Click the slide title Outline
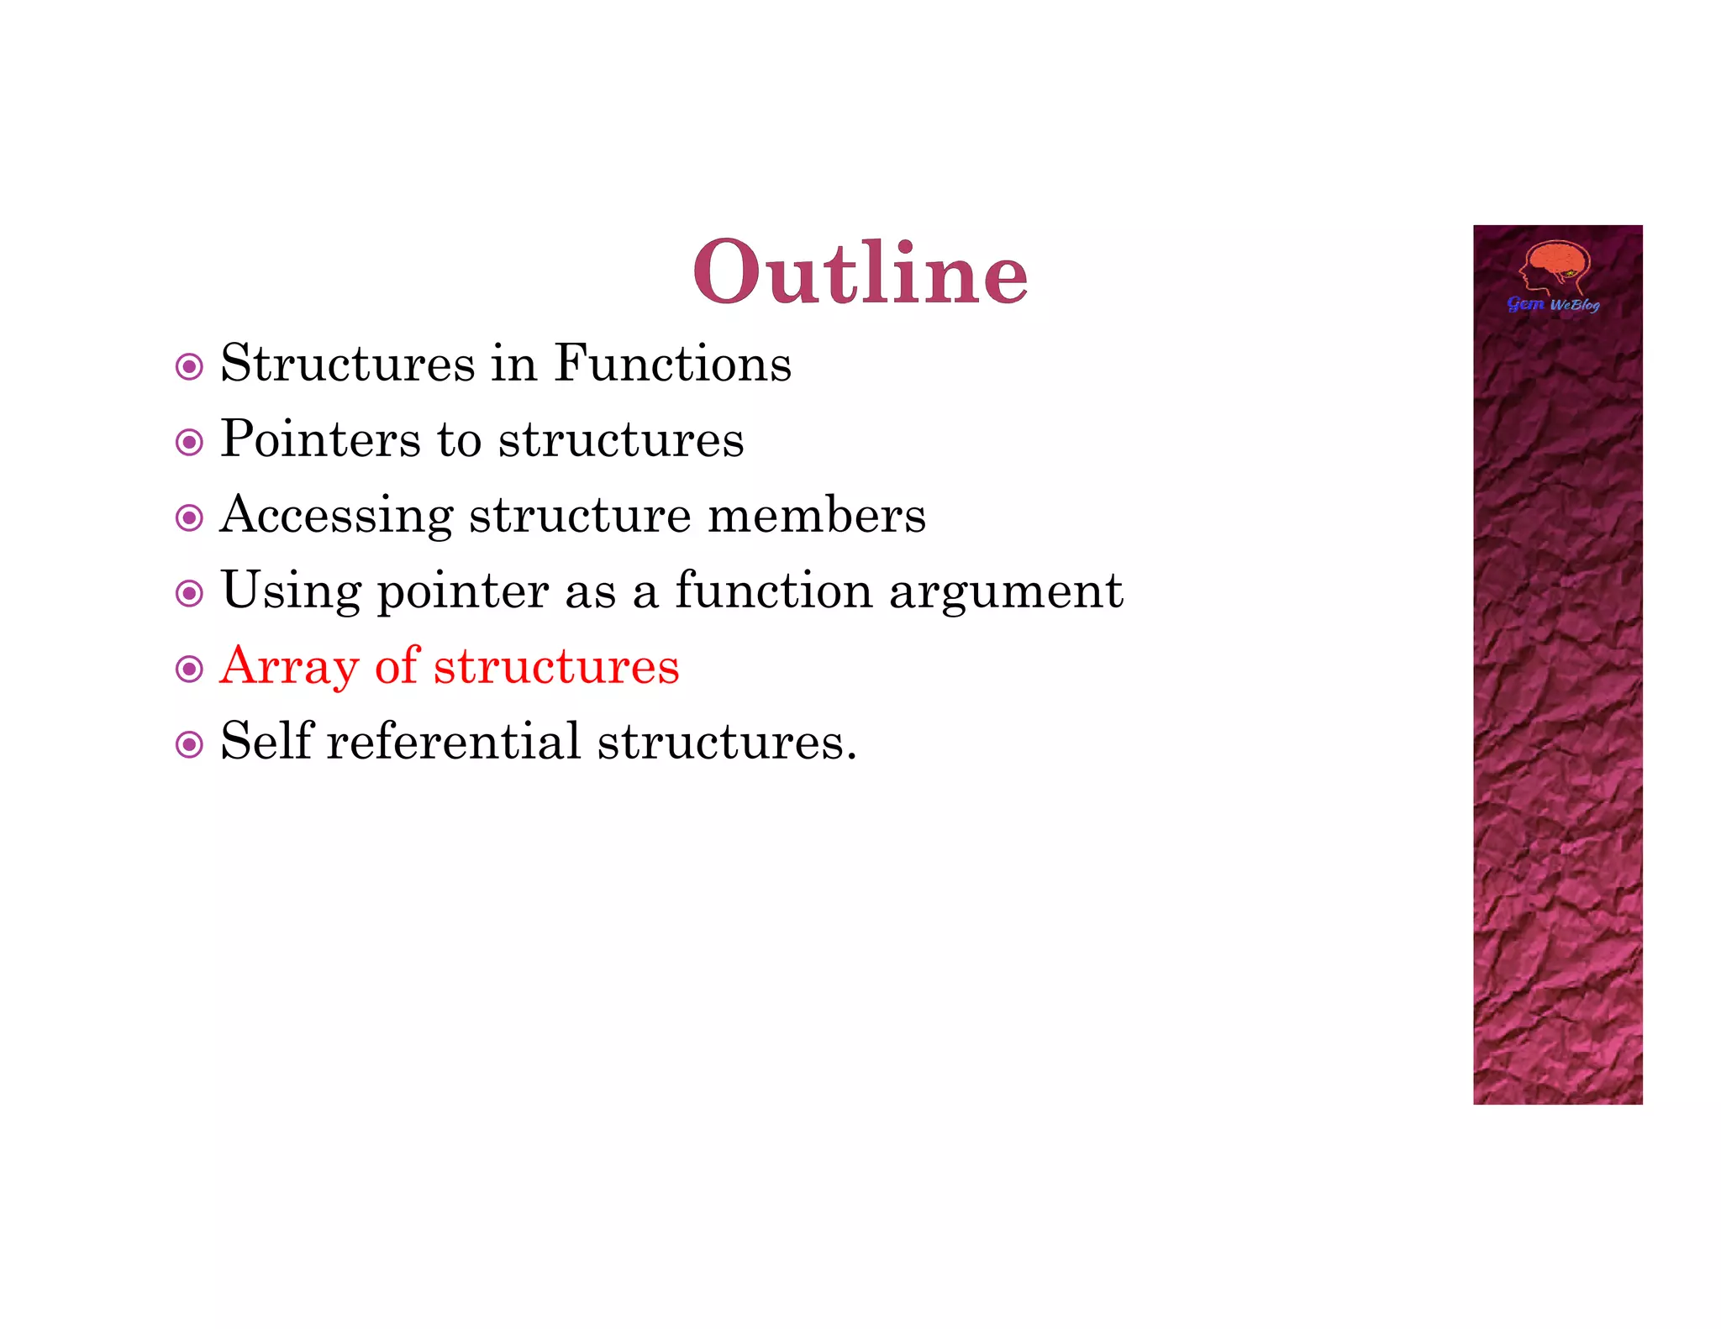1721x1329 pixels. click(x=860, y=272)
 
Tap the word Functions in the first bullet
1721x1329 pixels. click(x=672, y=364)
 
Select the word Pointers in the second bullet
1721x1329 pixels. click(x=320, y=439)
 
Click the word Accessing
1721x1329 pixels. click(x=336, y=516)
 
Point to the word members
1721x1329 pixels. click(x=816, y=515)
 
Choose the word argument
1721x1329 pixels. click(x=1006, y=591)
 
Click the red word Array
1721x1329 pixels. click(x=289, y=667)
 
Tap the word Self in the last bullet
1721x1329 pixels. click(x=266, y=741)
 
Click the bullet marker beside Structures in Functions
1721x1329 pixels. click(x=189, y=367)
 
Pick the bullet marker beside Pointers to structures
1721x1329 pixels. click(x=189, y=442)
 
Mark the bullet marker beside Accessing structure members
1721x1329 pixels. click(x=189, y=517)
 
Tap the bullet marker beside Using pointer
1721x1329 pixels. click(x=189, y=593)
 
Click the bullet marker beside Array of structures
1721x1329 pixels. click(x=189, y=669)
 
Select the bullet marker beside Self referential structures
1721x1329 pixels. click(x=189, y=744)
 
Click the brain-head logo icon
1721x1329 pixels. click(x=1555, y=266)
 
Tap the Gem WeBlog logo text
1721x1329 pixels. click(x=1553, y=304)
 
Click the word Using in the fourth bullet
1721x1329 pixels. click(x=291, y=591)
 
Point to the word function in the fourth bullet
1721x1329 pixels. click(x=774, y=591)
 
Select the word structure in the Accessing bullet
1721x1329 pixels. click(x=580, y=515)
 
